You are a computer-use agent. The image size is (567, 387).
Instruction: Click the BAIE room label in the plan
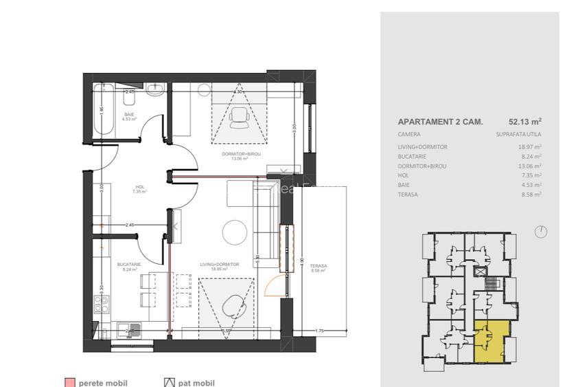[129, 114]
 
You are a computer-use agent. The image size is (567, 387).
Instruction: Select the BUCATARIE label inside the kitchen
[129, 265]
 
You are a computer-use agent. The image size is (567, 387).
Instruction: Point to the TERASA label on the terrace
[319, 266]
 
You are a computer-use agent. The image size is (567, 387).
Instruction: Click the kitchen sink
[128, 329]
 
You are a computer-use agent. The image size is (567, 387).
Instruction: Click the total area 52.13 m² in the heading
[524, 121]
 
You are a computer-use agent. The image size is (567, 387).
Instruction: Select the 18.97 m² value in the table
[529, 146]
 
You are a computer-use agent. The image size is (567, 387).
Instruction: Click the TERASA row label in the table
[408, 195]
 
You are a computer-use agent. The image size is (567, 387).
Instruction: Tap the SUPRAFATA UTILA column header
[518, 134]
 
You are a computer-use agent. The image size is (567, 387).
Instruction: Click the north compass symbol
[541, 232]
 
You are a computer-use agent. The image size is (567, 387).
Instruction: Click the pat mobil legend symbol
[169, 382]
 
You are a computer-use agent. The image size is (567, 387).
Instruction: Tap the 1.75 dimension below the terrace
[319, 331]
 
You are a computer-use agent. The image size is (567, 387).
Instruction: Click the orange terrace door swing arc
[273, 283]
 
